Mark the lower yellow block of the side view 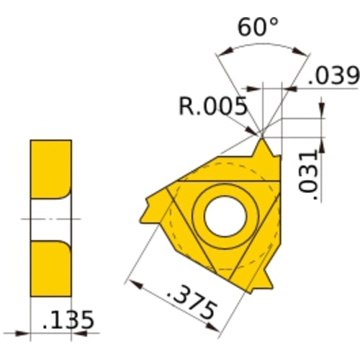pyautogui.click(x=50, y=266)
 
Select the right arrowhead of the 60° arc pyautogui.click(x=302, y=52)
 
